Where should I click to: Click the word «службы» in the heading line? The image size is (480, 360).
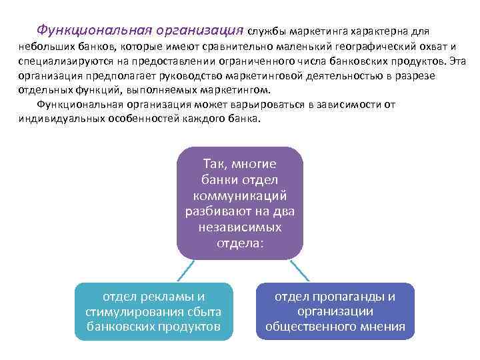[x=267, y=31]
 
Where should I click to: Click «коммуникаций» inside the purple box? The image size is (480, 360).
[x=240, y=195]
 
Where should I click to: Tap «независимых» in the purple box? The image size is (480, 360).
[x=240, y=227]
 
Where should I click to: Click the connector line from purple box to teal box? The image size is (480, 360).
[x=186, y=270]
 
